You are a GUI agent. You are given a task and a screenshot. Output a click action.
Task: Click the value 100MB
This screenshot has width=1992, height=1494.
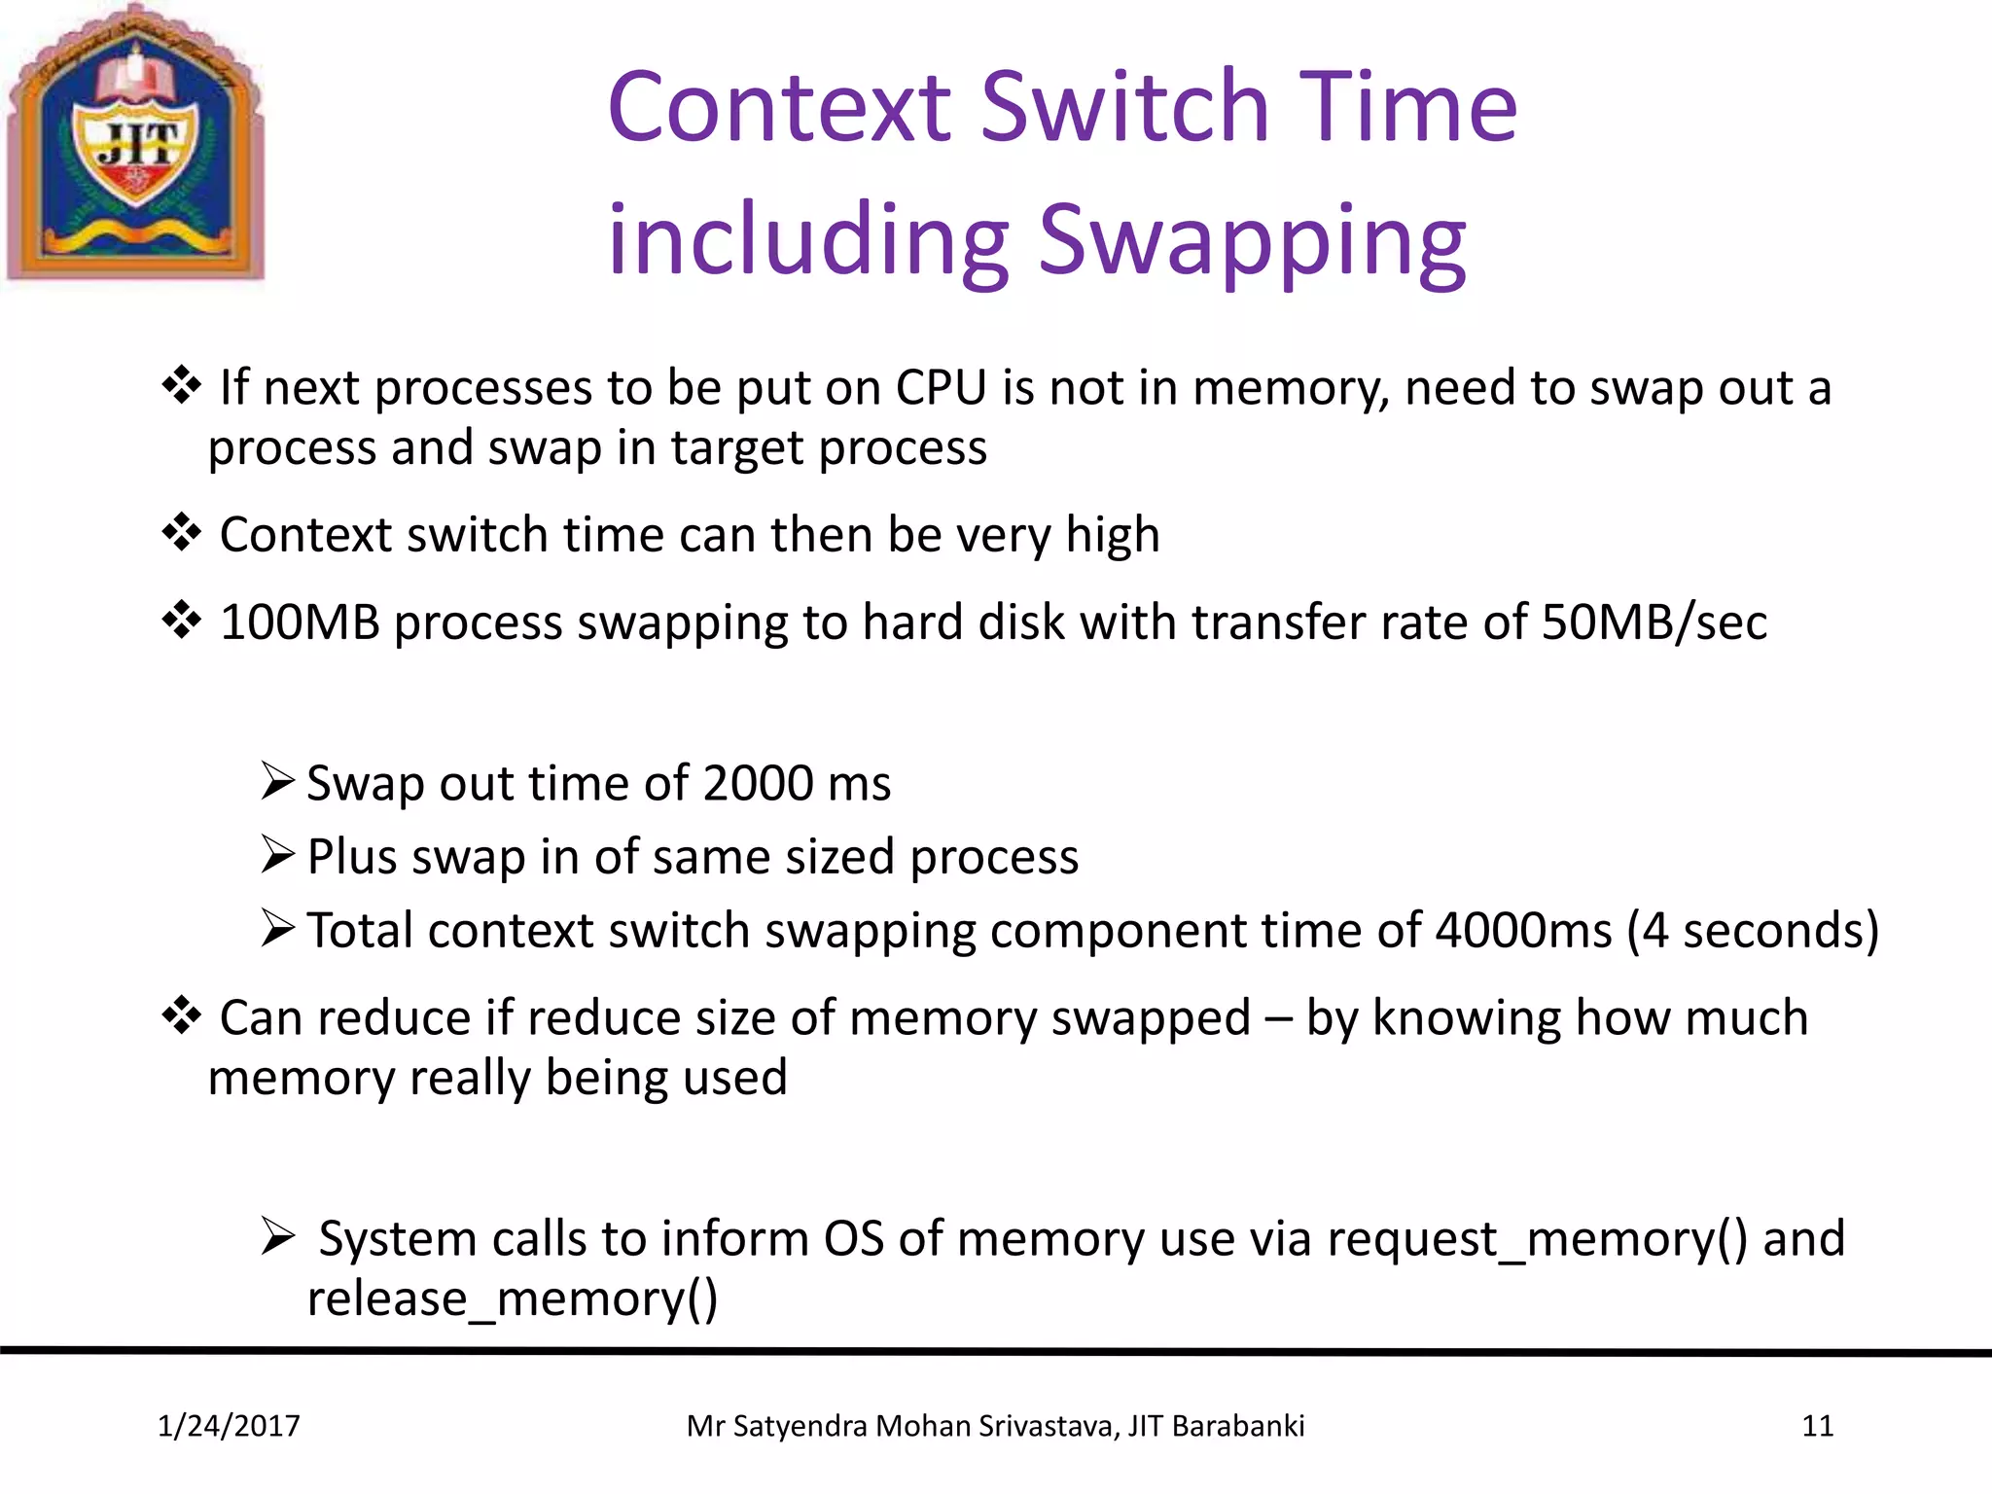pos(300,622)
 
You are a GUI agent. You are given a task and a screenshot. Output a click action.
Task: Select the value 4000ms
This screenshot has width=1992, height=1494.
pos(1523,931)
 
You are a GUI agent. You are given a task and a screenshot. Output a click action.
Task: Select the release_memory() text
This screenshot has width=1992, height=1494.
pos(513,1299)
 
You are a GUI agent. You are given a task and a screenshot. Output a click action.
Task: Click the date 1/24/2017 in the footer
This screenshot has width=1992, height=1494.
pos(229,1426)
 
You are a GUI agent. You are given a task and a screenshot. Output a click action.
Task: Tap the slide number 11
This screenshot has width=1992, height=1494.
pos(1817,1426)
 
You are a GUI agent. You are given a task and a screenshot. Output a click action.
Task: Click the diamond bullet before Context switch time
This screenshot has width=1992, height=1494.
pos(181,533)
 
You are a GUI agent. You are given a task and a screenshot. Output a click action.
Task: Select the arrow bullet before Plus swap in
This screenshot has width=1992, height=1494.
pos(277,856)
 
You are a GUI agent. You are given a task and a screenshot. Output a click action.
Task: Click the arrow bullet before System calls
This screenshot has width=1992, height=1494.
pos(277,1238)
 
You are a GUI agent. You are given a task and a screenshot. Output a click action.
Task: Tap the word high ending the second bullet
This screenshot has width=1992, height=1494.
pos(1113,536)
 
